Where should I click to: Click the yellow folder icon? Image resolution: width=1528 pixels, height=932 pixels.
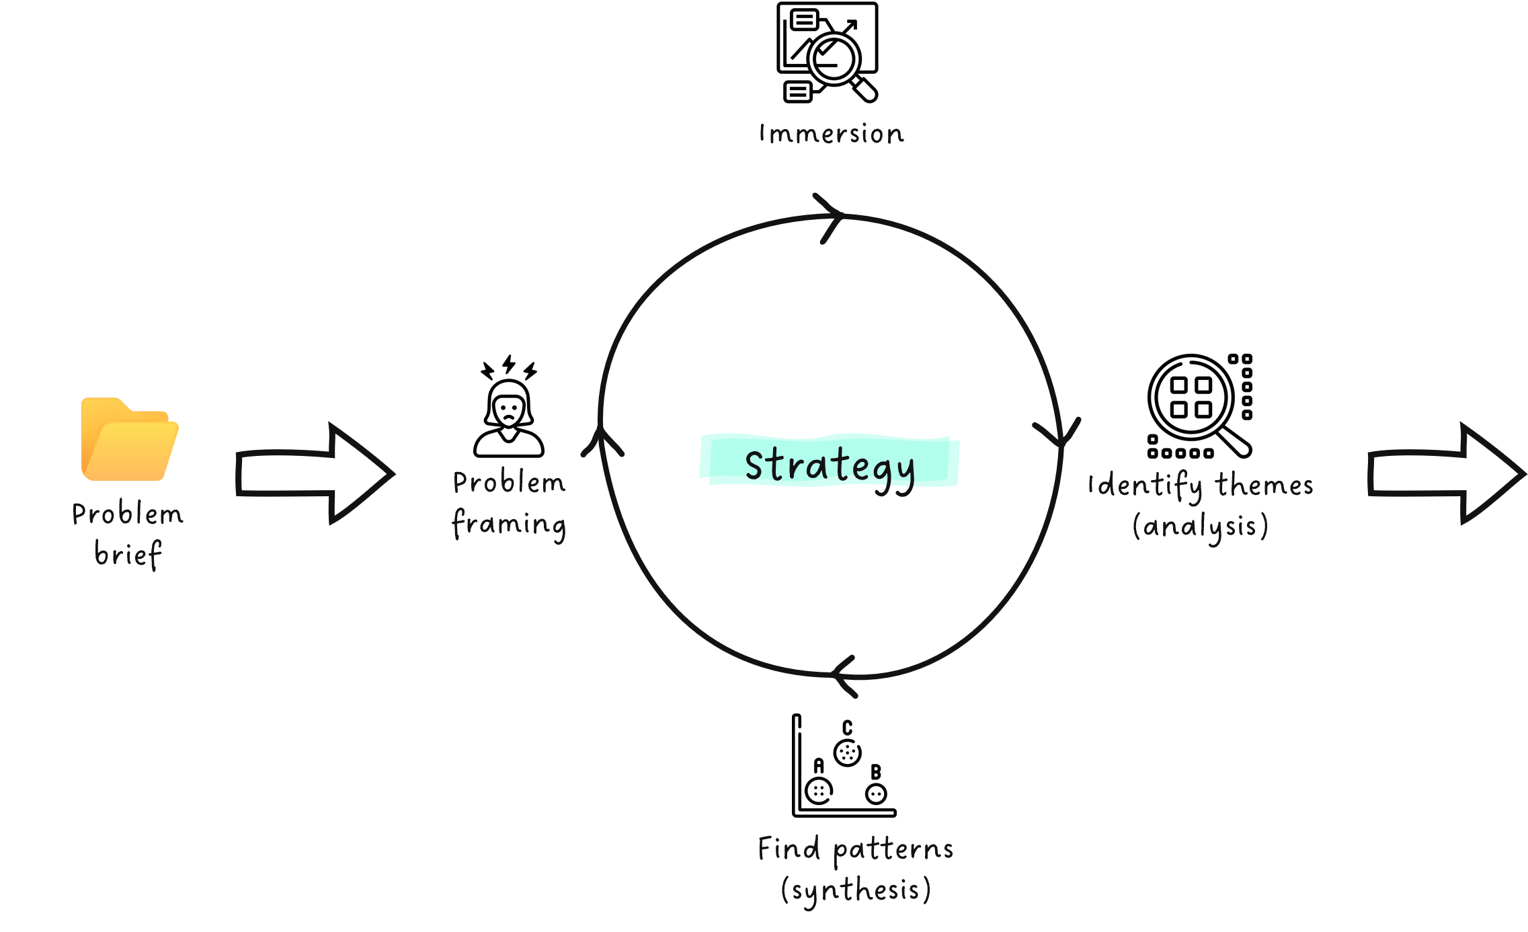tap(130, 440)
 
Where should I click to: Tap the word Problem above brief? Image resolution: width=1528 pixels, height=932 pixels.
tap(127, 514)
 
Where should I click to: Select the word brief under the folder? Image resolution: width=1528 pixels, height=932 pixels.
tap(128, 554)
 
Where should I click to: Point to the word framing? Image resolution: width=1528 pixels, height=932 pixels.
tap(509, 524)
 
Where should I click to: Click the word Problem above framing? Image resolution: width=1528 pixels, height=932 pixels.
tap(509, 483)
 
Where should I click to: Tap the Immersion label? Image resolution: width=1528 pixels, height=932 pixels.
tap(832, 134)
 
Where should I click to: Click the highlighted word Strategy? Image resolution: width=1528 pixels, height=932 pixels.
tap(830, 465)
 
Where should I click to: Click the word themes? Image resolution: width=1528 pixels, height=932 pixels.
tap(1264, 485)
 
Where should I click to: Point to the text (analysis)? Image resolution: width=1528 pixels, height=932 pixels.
tap(1201, 526)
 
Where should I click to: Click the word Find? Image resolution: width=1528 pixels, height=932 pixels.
tap(789, 849)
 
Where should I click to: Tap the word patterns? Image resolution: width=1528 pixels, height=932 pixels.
tap(893, 851)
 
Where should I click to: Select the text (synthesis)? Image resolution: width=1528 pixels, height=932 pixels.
tap(856, 890)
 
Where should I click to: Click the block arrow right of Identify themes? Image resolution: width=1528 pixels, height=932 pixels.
tap(1446, 473)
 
